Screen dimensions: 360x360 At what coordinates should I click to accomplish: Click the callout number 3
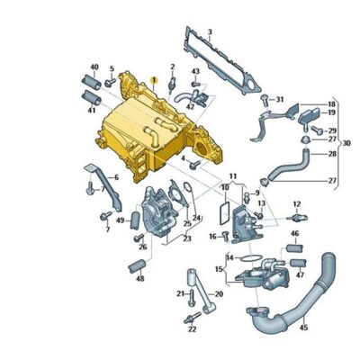click(x=209, y=32)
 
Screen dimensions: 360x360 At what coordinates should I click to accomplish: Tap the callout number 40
click(x=94, y=67)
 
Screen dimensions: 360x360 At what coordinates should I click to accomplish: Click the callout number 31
click(x=278, y=99)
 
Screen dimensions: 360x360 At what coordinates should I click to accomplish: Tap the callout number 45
click(x=303, y=327)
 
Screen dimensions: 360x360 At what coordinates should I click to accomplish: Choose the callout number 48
click(x=139, y=279)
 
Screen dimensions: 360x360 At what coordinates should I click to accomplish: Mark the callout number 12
click(x=297, y=204)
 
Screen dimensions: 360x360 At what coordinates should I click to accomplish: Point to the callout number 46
click(x=293, y=234)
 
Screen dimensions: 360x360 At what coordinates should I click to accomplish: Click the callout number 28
click(x=331, y=154)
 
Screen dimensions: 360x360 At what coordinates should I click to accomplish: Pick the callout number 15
click(x=218, y=269)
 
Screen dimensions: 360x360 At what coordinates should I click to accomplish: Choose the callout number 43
click(x=195, y=71)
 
